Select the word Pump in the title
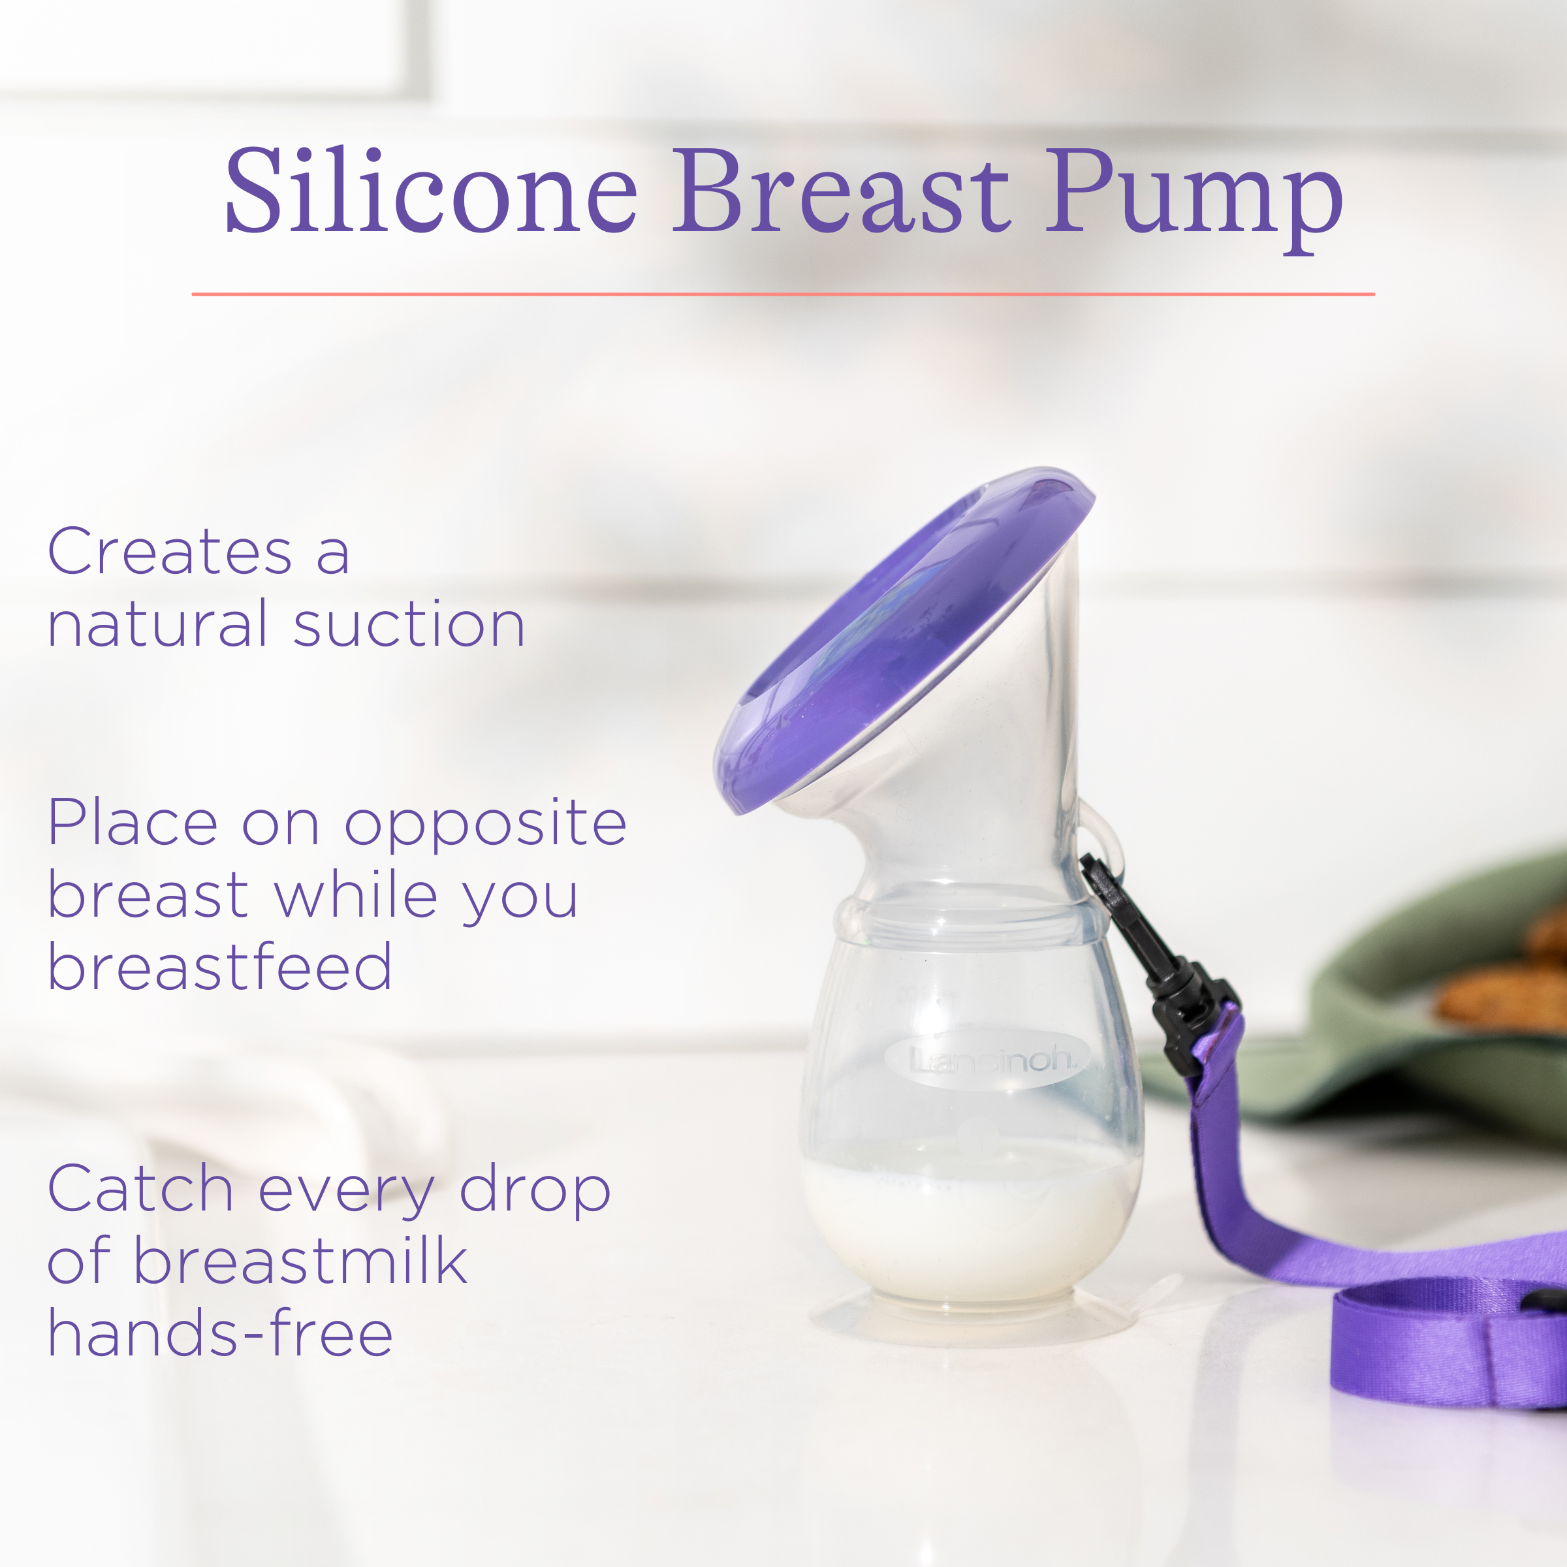[1192, 198]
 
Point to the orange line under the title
[783, 294]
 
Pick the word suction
[409, 626]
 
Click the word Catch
[140, 1189]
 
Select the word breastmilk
[300, 1262]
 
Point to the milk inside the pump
[969, 1216]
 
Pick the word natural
[157, 626]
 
